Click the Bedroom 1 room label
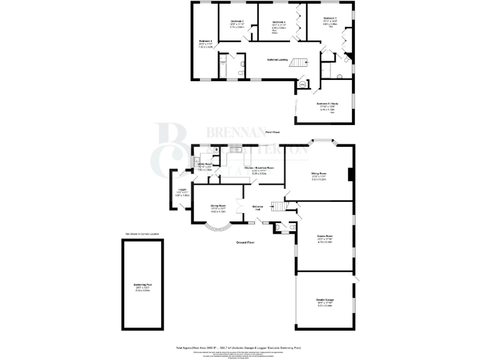click(x=330, y=19)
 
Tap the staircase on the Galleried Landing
click(x=299, y=62)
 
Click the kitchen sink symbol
click(x=236, y=150)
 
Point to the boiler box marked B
click(x=216, y=150)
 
